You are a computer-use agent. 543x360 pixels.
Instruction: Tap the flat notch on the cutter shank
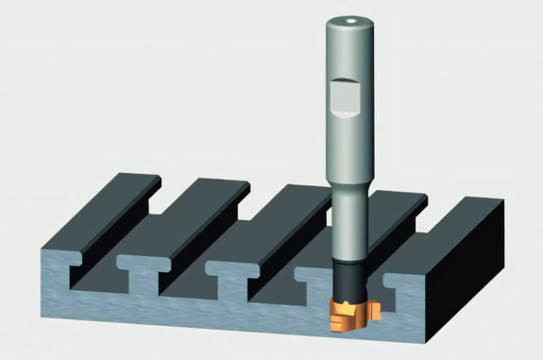coord(346,98)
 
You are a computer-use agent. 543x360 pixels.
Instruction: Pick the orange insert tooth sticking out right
coord(375,310)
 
